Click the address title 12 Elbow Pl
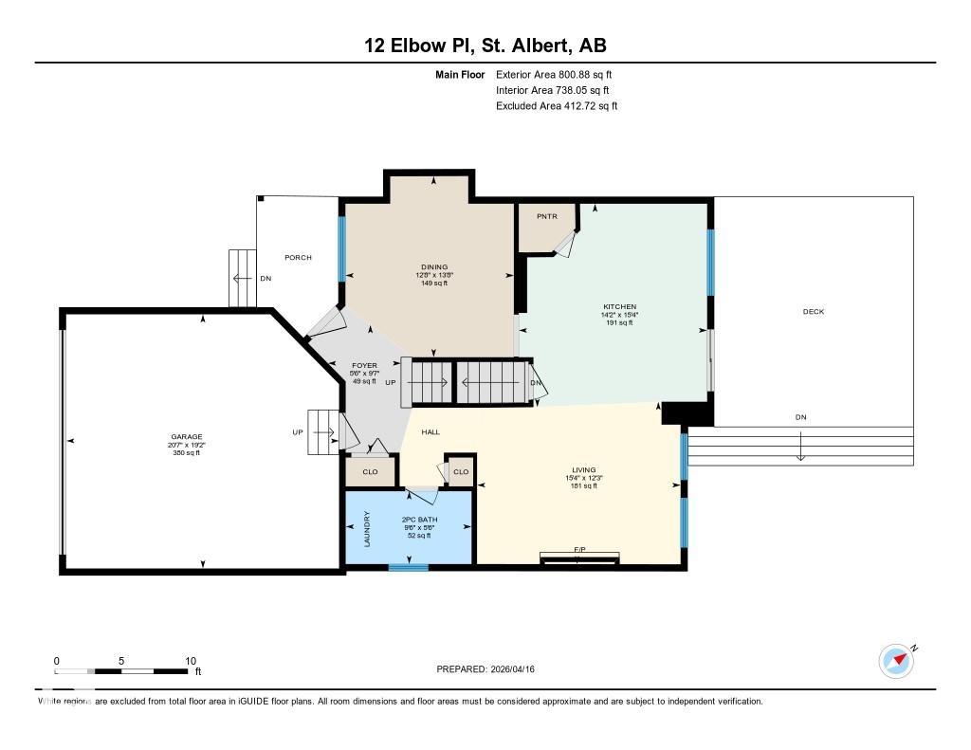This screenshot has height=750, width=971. click(485, 46)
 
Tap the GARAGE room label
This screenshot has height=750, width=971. click(186, 437)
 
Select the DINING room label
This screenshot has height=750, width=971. click(434, 267)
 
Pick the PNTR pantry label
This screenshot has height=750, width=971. click(547, 217)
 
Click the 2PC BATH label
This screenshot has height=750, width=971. click(418, 521)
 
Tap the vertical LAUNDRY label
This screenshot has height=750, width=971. click(367, 530)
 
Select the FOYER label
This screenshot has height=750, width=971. click(364, 365)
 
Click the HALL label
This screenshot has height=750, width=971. click(431, 432)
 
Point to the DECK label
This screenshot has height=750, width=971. click(813, 312)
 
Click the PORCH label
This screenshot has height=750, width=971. click(298, 258)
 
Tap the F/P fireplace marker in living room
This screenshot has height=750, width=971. click(580, 551)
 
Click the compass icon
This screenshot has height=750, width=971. click(896, 660)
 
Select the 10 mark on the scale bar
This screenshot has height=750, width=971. click(190, 661)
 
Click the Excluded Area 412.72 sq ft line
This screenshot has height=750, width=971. click(557, 106)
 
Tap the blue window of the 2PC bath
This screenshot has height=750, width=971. click(408, 568)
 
